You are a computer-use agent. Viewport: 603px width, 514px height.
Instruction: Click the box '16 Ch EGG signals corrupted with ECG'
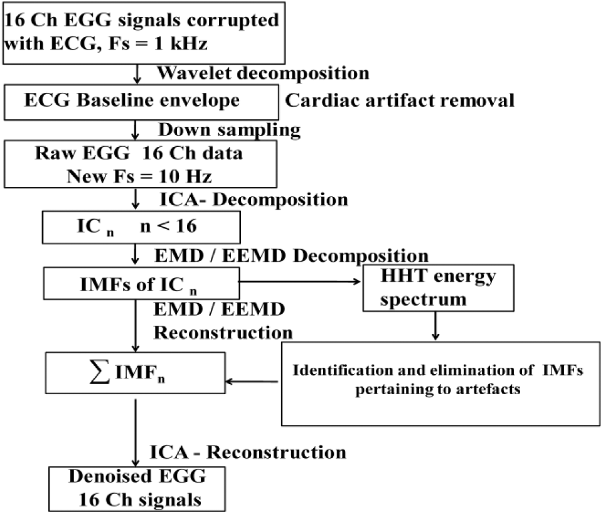click(x=144, y=33)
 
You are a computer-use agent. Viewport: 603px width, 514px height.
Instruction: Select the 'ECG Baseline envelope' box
click(x=141, y=102)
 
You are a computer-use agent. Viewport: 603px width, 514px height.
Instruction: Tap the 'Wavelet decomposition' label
click(x=264, y=73)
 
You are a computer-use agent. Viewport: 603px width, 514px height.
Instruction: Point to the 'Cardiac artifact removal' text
click(x=400, y=100)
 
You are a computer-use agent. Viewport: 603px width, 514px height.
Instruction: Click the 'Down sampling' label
click(x=230, y=130)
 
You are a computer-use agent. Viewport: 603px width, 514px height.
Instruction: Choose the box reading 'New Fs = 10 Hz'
click(x=141, y=164)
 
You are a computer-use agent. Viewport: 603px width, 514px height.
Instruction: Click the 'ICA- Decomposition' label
click(x=254, y=200)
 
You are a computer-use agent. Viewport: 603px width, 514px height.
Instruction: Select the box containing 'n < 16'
click(x=141, y=227)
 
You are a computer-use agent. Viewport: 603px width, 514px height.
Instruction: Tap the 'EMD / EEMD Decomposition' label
click(x=292, y=256)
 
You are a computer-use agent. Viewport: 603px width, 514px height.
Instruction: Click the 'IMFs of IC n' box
click(x=142, y=284)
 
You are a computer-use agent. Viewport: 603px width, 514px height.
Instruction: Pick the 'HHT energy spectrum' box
click(x=439, y=288)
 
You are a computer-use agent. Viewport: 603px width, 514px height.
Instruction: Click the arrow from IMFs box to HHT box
click(x=299, y=282)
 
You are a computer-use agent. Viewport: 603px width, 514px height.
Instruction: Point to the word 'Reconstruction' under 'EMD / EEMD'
click(x=223, y=333)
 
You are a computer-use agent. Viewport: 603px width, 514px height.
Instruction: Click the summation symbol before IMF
click(x=99, y=372)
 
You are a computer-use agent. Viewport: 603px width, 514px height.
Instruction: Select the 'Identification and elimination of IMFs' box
click(x=440, y=383)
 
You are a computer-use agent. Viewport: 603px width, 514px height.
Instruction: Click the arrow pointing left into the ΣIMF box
click(x=252, y=382)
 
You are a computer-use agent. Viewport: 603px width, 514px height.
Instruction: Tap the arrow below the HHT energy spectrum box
click(x=435, y=326)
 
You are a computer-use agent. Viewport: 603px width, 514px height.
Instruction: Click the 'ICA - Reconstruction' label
click(x=248, y=452)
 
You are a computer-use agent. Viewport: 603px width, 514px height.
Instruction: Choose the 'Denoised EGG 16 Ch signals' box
click(x=137, y=489)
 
